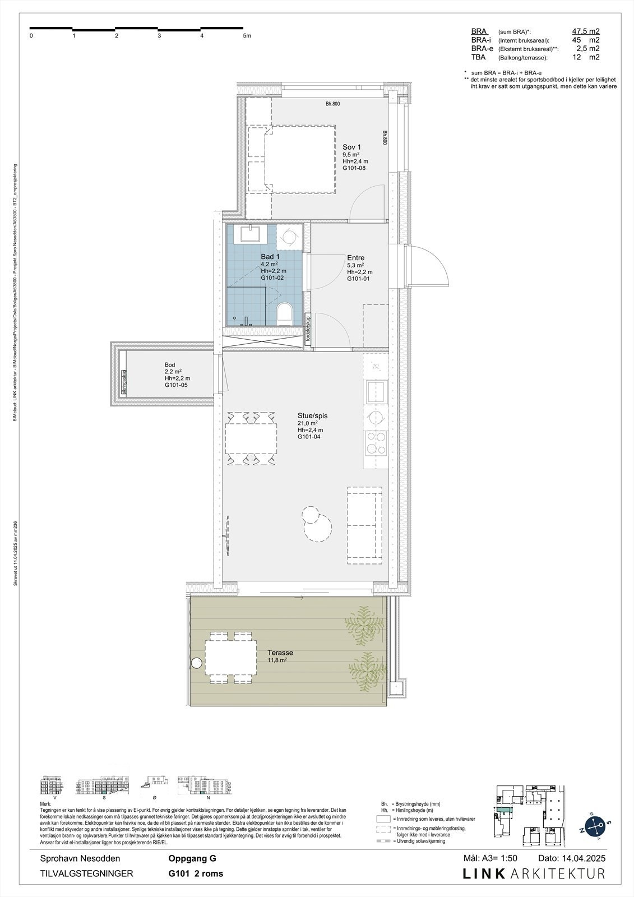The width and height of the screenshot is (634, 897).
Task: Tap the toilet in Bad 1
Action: pyautogui.click(x=285, y=313)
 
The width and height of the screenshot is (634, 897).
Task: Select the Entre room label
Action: pyautogui.click(x=355, y=258)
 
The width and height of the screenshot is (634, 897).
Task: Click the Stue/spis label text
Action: pyautogui.click(x=312, y=416)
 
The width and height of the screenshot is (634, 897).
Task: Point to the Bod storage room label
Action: pyautogui.click(x=170, y=365)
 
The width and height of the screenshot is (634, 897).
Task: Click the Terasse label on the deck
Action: pyautogui.click(x=280, y=653)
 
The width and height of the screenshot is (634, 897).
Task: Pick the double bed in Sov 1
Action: pyautogui.click(x=299, y=160)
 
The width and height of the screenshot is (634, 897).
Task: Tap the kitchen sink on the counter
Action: pyautogui.click(x=375, y=388)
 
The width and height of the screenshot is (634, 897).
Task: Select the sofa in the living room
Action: pyautogui.click(x=365, y=525)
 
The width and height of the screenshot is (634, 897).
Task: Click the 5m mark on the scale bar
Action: pyautogui.click(x=247, y=35)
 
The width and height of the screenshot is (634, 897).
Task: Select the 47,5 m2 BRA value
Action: pyautogui.click(x=581, y=32)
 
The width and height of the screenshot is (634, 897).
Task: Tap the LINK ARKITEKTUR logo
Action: pyautogui.click(x=534, y=873)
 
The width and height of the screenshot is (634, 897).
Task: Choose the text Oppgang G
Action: pyautogui.click(x=192, y=858)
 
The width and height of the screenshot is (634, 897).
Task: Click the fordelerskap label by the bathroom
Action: pyautogui.click(x=308, y=329)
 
